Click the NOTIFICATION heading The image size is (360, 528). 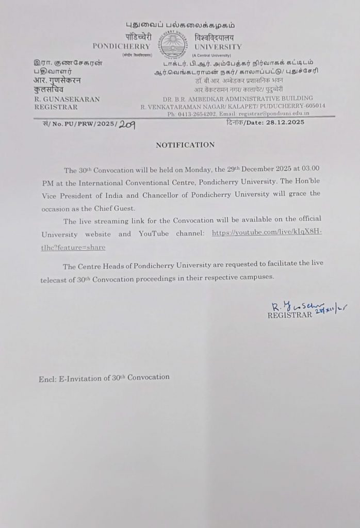click(x=185, y=145)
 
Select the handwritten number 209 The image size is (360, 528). click(x=127, y=124)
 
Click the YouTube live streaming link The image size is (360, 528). click(x=267, y=233)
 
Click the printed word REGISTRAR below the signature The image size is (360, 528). click(x=290, y=316)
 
